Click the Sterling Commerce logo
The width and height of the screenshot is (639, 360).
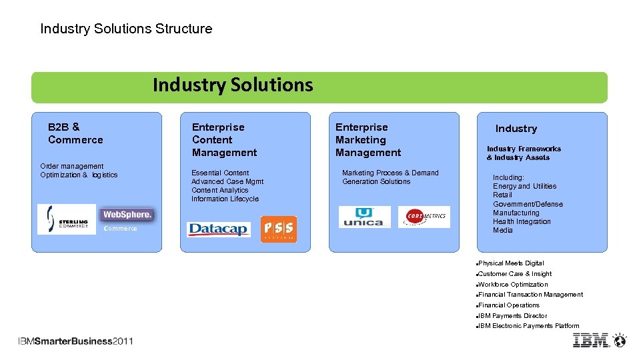pos(67,219)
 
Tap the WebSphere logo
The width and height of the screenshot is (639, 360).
pos(127,215)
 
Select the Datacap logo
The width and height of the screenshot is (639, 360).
pos(219,229)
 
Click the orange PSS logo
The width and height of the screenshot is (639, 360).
pos(278,229)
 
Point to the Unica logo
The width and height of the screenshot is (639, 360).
pos(364,217)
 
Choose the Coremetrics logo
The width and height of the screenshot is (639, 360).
pos(424,217)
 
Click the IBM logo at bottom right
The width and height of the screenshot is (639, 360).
pos(600,340)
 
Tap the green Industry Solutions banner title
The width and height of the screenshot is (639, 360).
pos(233,85)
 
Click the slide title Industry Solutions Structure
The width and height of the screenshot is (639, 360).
pos(126,29)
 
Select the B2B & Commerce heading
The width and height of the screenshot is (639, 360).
pos(75,133)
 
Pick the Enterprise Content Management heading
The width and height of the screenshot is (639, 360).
pos(224,140)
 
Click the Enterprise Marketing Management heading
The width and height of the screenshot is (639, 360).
pos(368,140)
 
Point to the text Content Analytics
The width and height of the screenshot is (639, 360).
pos(219,190)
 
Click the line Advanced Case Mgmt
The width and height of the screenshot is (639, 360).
pos(227,181)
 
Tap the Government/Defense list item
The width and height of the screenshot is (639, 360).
pos(528,204)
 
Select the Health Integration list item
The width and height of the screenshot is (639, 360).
pos(522,221)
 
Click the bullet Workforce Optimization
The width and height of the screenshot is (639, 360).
pos(512,285)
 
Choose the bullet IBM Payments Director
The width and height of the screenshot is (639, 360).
pos(512,316)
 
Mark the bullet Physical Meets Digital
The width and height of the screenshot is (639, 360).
pos(510,263)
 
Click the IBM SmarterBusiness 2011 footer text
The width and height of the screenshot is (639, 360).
pos(75,341)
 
